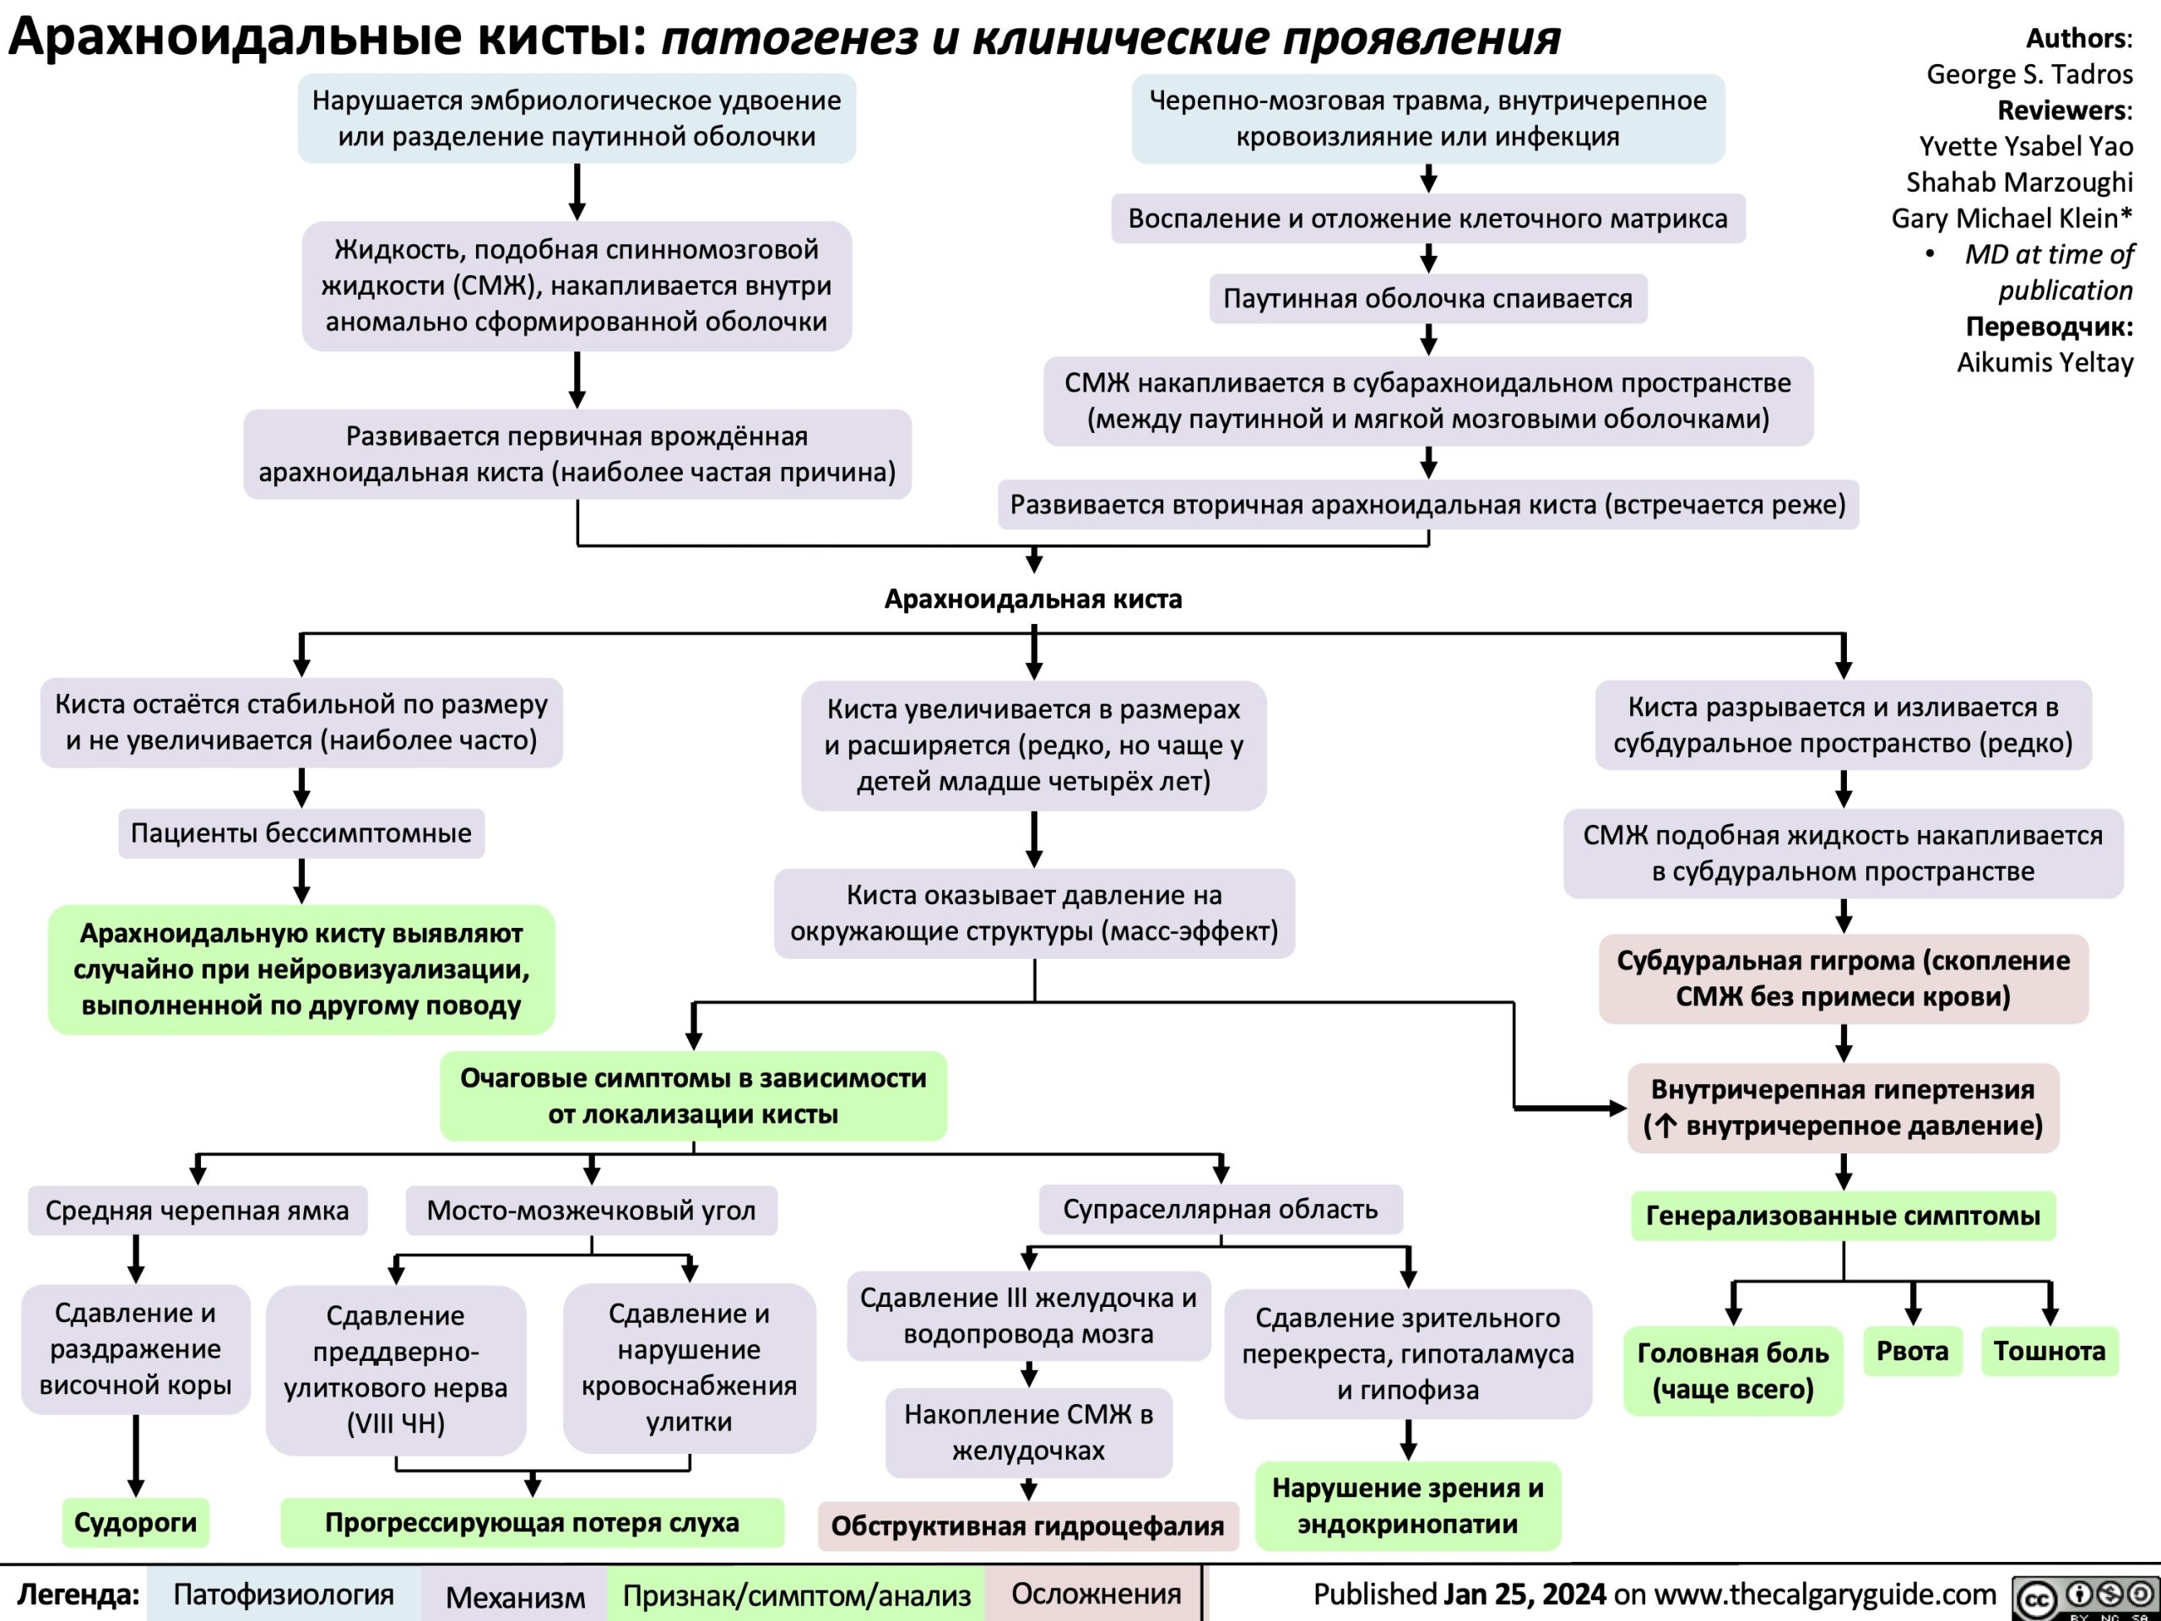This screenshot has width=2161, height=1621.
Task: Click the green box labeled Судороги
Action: click(x=136, y=1521)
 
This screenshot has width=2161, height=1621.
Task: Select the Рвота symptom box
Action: click(x=1912, y=1352)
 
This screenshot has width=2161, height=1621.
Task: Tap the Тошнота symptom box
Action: click(x=2049, y=1352)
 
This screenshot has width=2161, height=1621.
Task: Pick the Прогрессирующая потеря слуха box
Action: click(x=532, y=1521)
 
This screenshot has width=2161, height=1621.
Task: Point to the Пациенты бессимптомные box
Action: click(x=301, y=832)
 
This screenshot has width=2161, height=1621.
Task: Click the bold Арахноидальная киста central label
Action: click(x=1032, y=599)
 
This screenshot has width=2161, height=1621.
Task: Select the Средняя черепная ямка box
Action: click(x=197, y=1211)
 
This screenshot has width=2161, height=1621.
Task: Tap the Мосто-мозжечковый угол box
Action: click(x=591, y=1211)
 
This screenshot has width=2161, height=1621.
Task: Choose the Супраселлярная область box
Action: click(x=1220, y=1209)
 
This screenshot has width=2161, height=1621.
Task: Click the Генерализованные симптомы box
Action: click(x=1843, y=1216)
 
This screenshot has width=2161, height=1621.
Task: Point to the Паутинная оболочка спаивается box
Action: click(x=1427, y=298)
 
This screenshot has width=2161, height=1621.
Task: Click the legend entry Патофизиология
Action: click(x=284, y=1595)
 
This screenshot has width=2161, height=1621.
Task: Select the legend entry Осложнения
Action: click(x=1095, y=1594)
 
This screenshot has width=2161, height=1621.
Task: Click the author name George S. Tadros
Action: click(x=2029, y=74)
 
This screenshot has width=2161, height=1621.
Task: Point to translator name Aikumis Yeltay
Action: click(x=2044, y=362)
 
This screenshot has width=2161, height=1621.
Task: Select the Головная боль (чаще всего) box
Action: click(x=1732, y=1370)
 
